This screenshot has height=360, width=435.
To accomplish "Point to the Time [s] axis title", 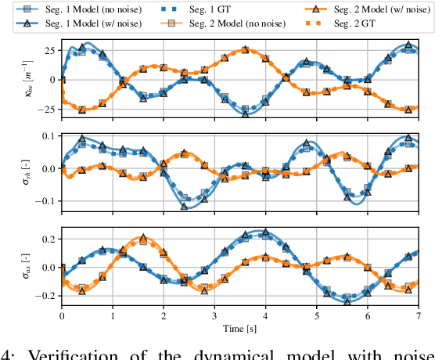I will coord(241,326).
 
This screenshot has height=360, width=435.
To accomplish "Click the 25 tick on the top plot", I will coord(49,50).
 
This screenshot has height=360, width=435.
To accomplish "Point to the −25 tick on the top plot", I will coord(45,109).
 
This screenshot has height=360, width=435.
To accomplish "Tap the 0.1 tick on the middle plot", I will coord(47,137).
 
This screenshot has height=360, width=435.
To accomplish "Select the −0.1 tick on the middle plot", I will coord(44,201).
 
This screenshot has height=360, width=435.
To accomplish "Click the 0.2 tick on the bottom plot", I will coord(47,238).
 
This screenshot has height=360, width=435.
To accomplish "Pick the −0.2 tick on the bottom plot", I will coord(44,297).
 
